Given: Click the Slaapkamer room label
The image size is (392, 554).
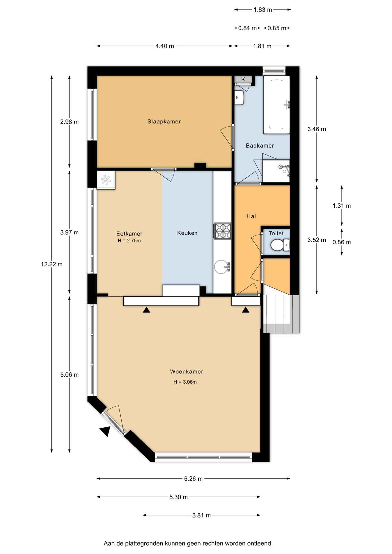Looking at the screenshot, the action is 164,121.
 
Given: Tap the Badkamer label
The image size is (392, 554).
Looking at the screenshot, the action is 260,145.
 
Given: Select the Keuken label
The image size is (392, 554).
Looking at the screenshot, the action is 187,233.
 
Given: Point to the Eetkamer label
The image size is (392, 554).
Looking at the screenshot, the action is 129,233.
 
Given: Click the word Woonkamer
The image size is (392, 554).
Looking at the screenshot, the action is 186,371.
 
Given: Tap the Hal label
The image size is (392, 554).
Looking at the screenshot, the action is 251,216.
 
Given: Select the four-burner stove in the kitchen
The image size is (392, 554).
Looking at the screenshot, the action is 222,231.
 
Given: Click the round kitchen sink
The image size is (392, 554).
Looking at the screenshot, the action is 222,267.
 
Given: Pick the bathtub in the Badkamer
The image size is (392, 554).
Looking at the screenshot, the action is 277,105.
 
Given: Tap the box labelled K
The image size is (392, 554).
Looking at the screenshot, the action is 243,79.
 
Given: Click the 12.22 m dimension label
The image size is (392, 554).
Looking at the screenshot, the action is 52,264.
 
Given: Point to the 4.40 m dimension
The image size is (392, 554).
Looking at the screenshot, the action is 165,46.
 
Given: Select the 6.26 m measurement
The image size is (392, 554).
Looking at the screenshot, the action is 193,479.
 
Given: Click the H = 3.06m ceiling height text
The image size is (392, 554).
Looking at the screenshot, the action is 185,382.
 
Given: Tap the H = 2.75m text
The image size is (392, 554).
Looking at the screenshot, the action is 129,241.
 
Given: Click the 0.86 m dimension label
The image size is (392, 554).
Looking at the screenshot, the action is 341,242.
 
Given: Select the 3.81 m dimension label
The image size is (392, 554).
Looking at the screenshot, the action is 201,515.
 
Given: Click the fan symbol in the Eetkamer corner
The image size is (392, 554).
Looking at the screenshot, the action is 106,180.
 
